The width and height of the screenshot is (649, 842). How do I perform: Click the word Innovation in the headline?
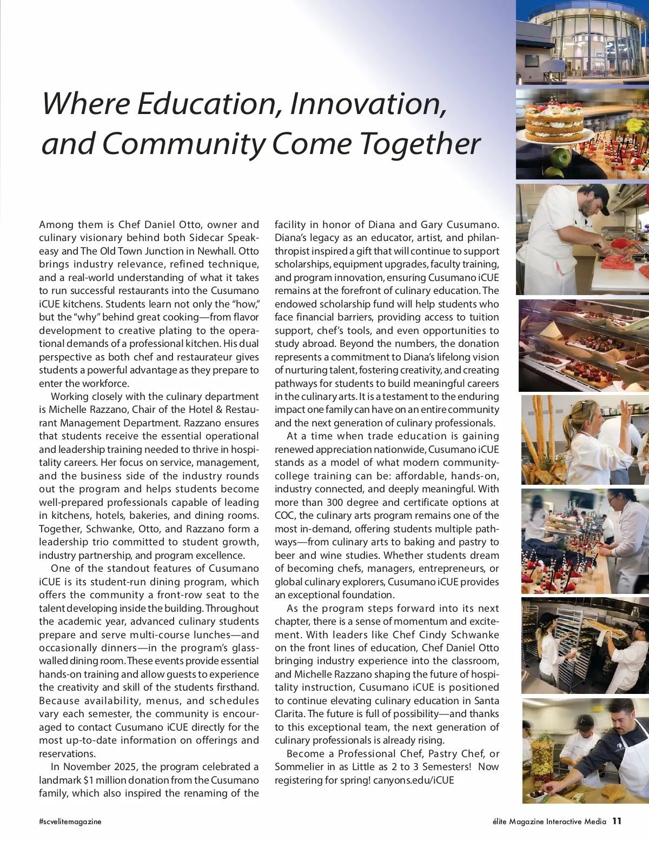tap(368, 104)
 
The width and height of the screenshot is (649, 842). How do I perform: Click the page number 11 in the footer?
tap(617, 821)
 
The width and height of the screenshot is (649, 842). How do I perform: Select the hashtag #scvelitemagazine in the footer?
tap(70, 821)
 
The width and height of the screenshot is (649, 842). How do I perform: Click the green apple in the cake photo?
tap(561, 158)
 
